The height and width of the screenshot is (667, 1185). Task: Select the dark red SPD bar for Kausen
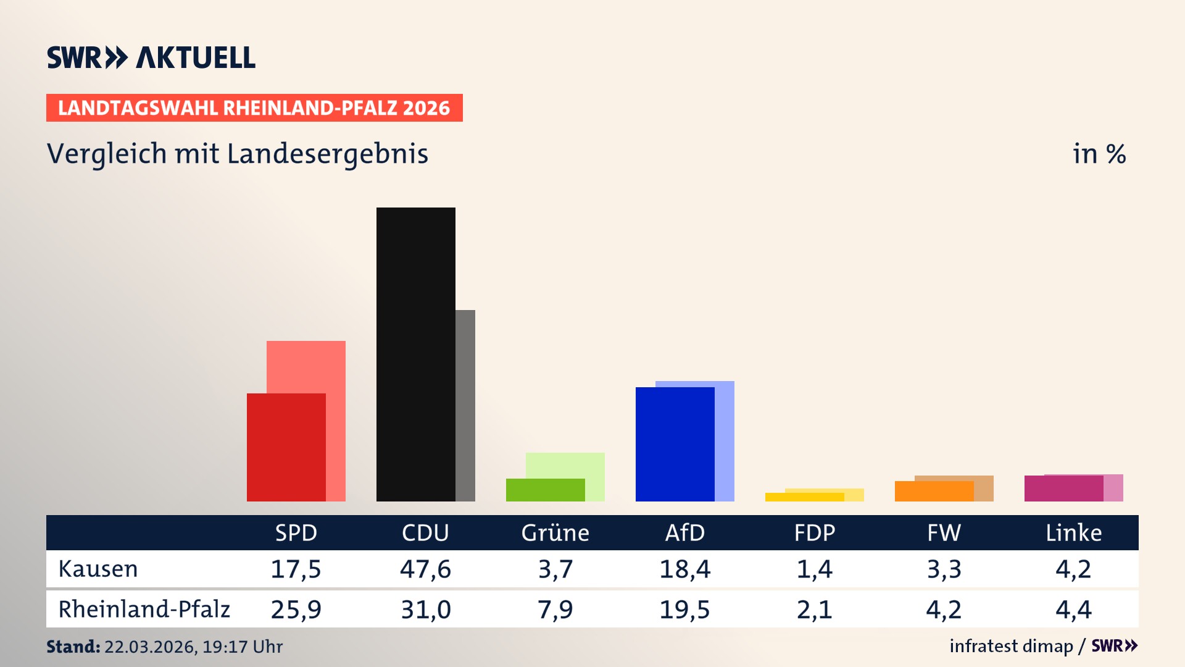tap(286, 447)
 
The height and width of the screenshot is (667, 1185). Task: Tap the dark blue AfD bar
tap(675, 444)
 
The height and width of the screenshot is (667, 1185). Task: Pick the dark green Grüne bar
tap(545, 490)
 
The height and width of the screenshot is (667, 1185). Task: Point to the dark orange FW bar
tap(934, 491)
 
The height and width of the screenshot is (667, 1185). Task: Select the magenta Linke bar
tap(1063, 489)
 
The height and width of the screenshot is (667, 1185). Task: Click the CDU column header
tap(425, 533)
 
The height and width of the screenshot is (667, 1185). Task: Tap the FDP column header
tap(814, 533)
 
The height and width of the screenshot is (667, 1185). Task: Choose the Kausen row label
tap(98, 569)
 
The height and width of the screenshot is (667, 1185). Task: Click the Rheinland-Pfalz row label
tap(144, 610)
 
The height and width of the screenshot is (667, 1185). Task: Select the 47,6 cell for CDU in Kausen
tap(425, 569)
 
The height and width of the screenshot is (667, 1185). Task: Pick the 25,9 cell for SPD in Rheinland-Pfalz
tap(296, 610)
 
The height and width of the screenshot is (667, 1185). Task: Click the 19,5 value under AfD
tap(684, 610)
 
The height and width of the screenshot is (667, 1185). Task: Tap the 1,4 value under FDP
tap(814, 569)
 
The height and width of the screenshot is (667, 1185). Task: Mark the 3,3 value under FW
tap(944, 569)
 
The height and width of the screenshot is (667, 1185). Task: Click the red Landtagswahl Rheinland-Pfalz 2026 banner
tap(254, 108)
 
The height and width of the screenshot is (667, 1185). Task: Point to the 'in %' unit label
tap(1099, 154)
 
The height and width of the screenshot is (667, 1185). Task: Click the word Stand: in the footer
tap(73, 647)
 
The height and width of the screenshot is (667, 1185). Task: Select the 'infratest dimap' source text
tap(1011, 646)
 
